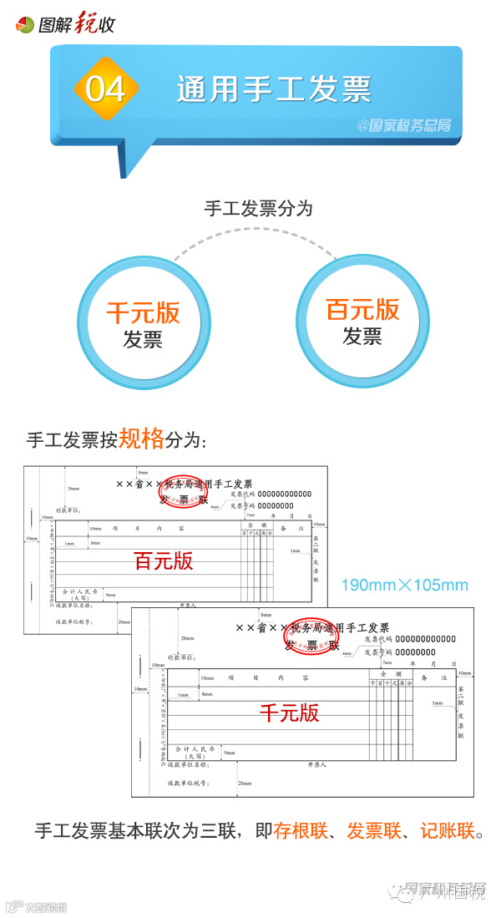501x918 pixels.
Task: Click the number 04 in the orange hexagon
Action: (105, 89)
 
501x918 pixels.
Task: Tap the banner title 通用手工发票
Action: (274, 89)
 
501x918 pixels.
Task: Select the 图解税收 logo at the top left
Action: (66, 24)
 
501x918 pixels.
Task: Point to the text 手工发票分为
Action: (259, 208)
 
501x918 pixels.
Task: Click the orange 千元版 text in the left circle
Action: (143, 312)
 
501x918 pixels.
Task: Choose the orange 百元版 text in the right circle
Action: (362, 310)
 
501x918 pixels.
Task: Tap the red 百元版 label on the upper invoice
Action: (164, 560)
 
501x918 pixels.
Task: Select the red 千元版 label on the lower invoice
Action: (289, 713)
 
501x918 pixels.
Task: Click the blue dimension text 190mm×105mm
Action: (404, 585)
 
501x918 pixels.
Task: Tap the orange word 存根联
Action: (301, 830)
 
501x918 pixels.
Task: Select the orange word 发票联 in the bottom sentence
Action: (374, 830)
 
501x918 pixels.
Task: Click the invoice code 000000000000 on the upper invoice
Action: (284, 494)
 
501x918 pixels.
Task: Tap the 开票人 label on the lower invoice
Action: (317, 764)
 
